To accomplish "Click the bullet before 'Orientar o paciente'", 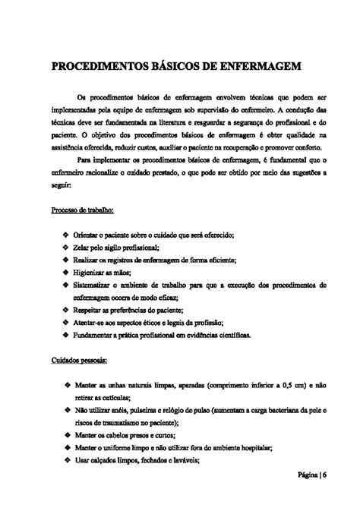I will [67, 236].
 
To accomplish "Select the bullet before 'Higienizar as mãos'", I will [67, 271].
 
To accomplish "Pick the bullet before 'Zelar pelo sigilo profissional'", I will [67, 248].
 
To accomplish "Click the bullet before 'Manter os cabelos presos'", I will [67, 436].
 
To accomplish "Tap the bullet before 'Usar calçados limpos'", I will [67, 460].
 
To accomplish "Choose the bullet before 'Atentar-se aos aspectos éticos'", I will [67, 323].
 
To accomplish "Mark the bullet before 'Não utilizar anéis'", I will [67, 411].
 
